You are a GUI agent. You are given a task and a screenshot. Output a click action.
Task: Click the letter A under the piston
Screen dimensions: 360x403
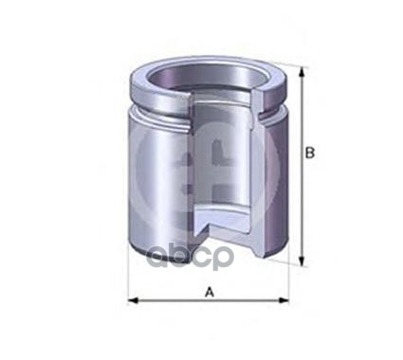pos(209,292)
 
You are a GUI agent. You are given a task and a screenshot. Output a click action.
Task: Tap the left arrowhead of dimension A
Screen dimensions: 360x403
pos(132,301)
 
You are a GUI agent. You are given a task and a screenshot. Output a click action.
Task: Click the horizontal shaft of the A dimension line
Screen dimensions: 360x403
pos(171,301)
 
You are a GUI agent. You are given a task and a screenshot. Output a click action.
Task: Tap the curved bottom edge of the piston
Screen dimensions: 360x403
pos(171,261)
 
